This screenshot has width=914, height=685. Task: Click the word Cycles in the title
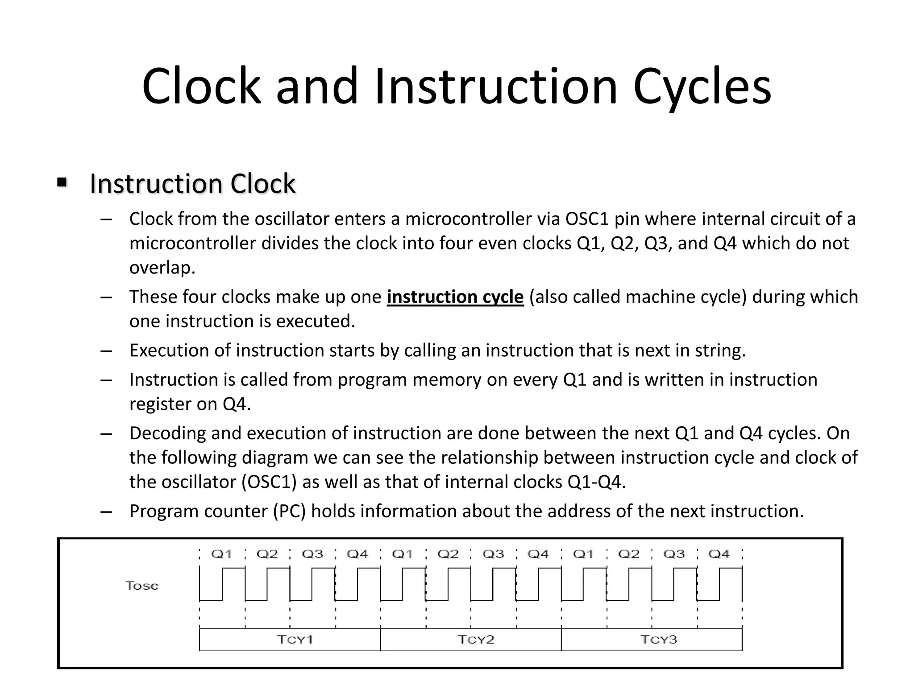[702, 87]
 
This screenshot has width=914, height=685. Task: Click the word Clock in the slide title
[201, 87]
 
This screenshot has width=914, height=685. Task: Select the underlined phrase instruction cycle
[455, 297]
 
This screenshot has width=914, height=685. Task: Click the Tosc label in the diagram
[142, 586]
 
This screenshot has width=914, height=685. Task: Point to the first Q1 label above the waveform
[222, 554]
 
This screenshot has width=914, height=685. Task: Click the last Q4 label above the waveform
[719, 554]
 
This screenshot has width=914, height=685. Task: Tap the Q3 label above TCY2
[493, 554]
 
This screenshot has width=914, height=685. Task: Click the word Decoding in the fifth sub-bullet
[167, 433]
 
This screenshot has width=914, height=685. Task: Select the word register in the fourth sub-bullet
[160, 404]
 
